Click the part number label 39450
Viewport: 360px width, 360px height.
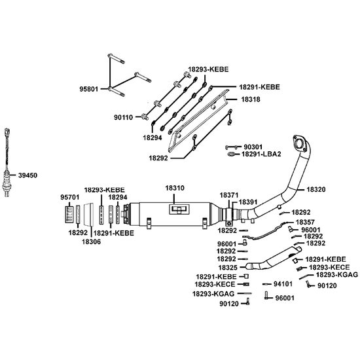tap(27, 175)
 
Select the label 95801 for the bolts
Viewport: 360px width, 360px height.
tap(89, 89)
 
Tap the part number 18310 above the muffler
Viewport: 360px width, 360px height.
tap(175, 188)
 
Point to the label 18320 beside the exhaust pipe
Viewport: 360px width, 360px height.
tap(316, 189)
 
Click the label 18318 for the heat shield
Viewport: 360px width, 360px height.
tap(251, 99)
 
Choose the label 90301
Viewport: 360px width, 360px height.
tap(253, 147)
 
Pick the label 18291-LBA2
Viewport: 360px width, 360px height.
tap(261, 154)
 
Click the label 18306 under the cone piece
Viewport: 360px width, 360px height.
tap(92, 242)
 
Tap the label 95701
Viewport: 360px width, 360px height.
tap(70, 197)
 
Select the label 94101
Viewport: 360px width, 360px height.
tap(283, 284)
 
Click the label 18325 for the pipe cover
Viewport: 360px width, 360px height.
tap(228, 268)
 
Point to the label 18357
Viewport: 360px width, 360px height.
tap(305, 223)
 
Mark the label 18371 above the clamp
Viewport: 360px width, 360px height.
tap(229, 195)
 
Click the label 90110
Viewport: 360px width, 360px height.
tap(124, 118)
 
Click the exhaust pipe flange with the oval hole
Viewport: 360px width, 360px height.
tap(300, 144)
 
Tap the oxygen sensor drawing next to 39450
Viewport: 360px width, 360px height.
tap(7, 162)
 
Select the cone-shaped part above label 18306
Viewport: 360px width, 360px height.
tap(88, 214)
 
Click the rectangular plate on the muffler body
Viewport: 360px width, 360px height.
tap(179, 209)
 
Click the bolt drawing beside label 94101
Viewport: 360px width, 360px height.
tap(266, 284)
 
